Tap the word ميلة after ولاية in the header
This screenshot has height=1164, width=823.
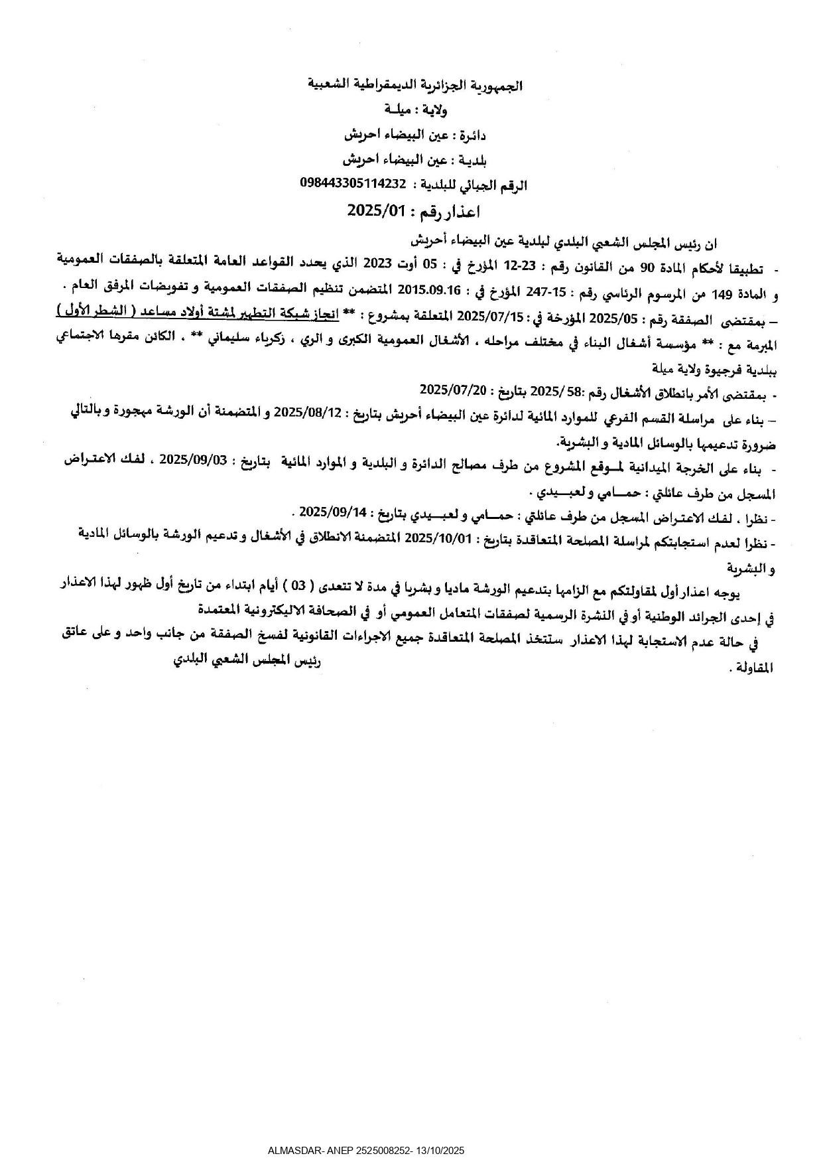397,109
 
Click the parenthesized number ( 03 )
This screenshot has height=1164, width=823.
300,586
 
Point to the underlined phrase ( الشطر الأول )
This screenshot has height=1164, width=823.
87,311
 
